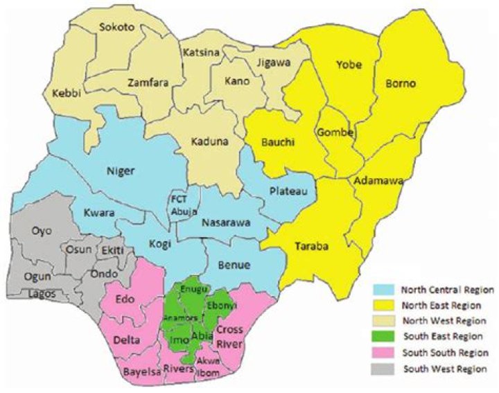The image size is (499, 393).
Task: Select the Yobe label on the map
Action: (344, 65)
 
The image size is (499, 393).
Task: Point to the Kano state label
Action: (236, 81)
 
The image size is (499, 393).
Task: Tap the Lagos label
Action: (42, 294)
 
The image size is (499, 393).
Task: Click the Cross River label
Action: (229, 335)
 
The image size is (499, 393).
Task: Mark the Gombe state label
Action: (335, 132)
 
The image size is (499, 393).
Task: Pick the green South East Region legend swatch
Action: (384, 338)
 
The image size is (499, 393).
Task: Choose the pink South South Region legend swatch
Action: (384, 353)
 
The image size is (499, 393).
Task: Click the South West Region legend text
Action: (444, 370)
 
